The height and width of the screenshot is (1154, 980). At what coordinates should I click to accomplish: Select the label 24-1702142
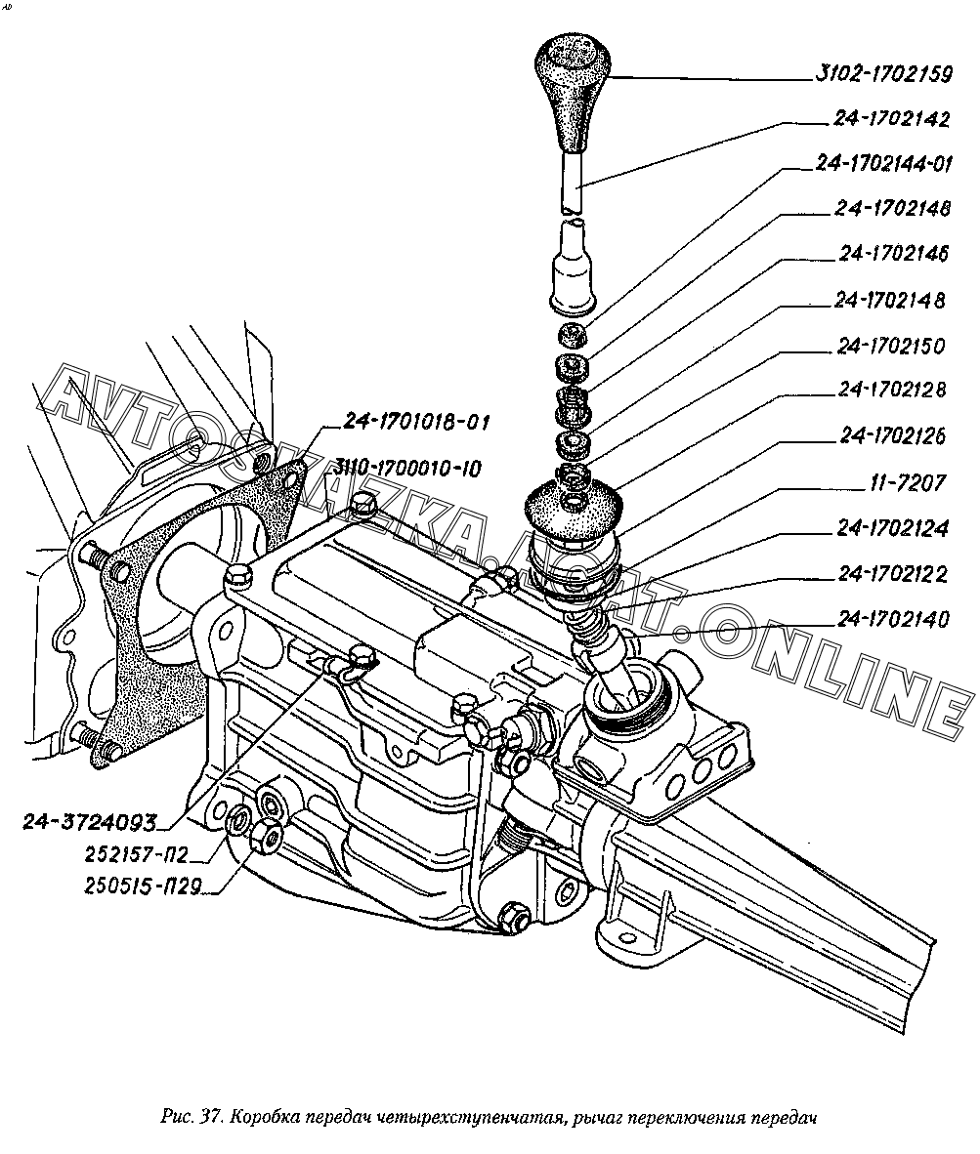(891, 119)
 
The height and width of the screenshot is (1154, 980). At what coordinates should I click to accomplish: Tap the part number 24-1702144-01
(883, 164)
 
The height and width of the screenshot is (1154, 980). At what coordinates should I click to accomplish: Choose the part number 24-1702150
(891, 346)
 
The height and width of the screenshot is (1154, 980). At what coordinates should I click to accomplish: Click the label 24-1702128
(891, 391)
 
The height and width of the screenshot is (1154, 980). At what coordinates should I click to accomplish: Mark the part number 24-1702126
(891, 436)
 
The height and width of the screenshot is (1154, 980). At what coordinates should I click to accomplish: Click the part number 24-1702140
(892, 620)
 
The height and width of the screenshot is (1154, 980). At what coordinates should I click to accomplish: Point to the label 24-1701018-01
(415, 423)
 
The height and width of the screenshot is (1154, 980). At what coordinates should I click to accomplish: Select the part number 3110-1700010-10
(407, 469)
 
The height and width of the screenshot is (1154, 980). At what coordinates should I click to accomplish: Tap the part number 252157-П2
(122, 855)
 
